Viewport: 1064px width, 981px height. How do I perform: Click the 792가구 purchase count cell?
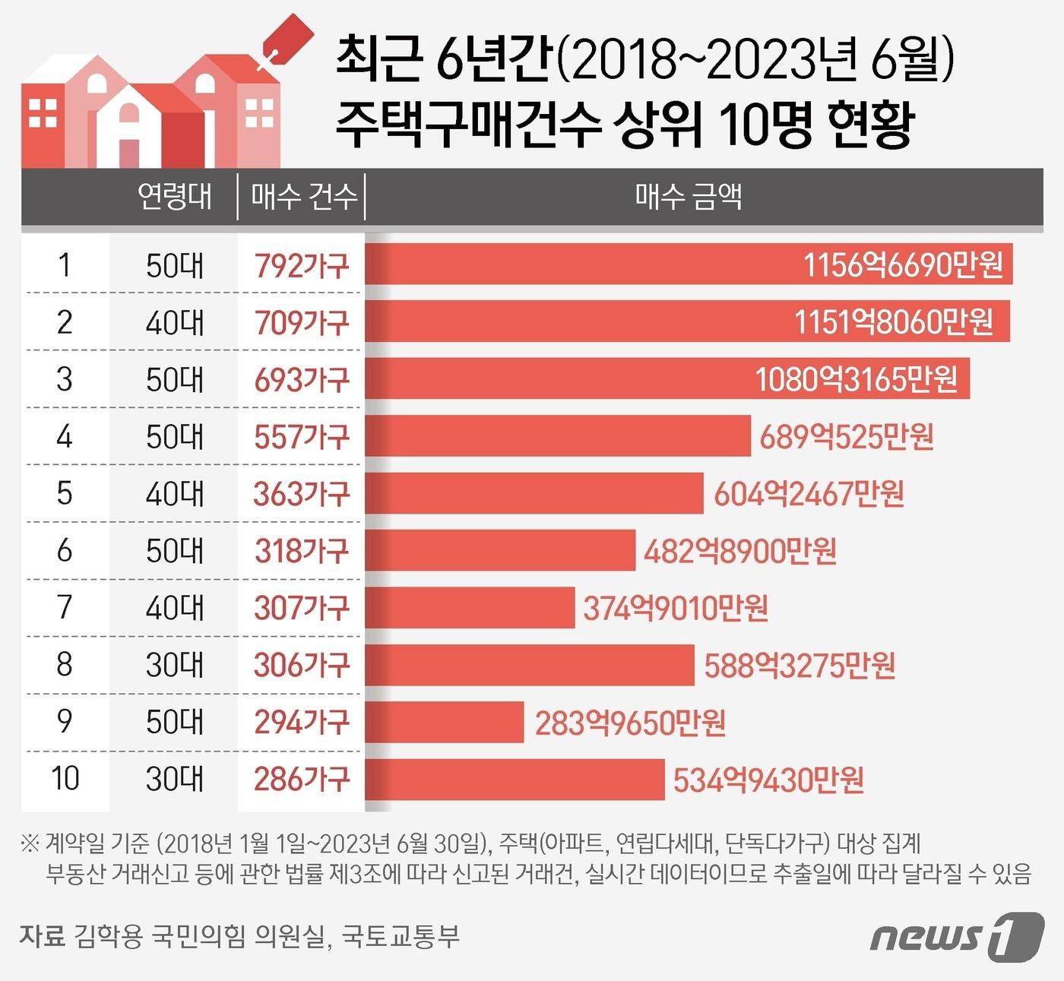coord(302,265)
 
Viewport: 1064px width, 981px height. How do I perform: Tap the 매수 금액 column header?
coord(688,197)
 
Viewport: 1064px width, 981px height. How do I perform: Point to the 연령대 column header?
coord(175,197)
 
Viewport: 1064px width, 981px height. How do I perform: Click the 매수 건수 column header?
coord(303,197)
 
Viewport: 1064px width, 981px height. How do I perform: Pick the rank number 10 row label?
coord(65,779)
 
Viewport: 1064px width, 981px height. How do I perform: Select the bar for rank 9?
coord(445,722)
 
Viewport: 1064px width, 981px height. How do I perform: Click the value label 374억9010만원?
coord(676,608)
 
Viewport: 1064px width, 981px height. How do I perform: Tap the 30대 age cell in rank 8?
coord(175,665)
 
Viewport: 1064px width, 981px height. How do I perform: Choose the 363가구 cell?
coord(302,494)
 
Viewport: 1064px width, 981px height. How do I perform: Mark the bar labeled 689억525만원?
coord(558,436)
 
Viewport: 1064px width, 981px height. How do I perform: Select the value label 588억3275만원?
coord(800,666)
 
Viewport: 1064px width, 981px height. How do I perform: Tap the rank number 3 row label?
coord(65,379)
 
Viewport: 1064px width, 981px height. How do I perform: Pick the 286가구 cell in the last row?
coord(302,779)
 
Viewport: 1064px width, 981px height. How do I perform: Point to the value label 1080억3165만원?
coord(856,379)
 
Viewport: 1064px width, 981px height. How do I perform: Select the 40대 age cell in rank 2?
coord(175,322)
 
